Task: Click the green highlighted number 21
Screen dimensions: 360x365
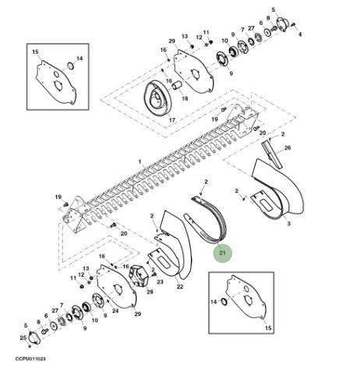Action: click(222, 253)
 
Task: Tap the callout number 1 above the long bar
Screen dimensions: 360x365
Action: click(139, 161)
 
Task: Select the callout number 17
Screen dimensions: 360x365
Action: click(172, 120)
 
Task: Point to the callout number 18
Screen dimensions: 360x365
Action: click(185, 98)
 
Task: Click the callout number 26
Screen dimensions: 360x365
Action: click(288, 147)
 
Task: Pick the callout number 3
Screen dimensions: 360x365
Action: click(288, 224)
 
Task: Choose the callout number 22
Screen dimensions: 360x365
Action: click(180, 286)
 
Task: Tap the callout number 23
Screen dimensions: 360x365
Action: click(160, 282)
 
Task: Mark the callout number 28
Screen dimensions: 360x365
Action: click(150, 292)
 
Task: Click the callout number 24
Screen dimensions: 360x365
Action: click(115, 310)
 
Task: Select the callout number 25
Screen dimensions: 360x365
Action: click(23, 338)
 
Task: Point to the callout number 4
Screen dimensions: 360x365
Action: click(300, 34)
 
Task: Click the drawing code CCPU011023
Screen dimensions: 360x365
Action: click(30, 359)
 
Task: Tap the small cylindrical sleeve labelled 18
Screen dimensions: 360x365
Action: click(177, 86)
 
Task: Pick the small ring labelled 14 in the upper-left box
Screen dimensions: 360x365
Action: click(71, 66)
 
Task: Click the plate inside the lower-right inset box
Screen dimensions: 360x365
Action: click(246, 297)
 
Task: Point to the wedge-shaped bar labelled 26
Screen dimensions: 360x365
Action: click(272, 154)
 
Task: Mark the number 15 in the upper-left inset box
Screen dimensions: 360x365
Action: click(35, 52)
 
